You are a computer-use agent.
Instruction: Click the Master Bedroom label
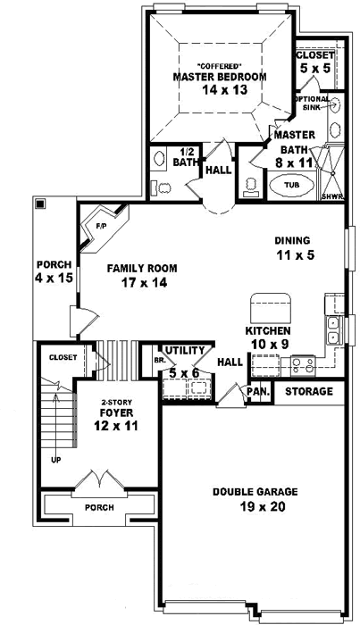click(x=219, y=77)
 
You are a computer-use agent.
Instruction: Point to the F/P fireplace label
click(x=100, y=227)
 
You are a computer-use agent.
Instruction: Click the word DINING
click(x=291, y=240)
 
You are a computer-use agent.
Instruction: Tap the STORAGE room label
click(x=309, y=392)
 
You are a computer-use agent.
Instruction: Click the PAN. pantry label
click(x=259, y=392)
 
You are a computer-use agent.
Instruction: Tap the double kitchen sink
click(x=331, y=329)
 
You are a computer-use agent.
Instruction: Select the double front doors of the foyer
click(x=103, y=482)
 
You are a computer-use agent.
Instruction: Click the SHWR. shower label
click(x=331, y=196)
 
